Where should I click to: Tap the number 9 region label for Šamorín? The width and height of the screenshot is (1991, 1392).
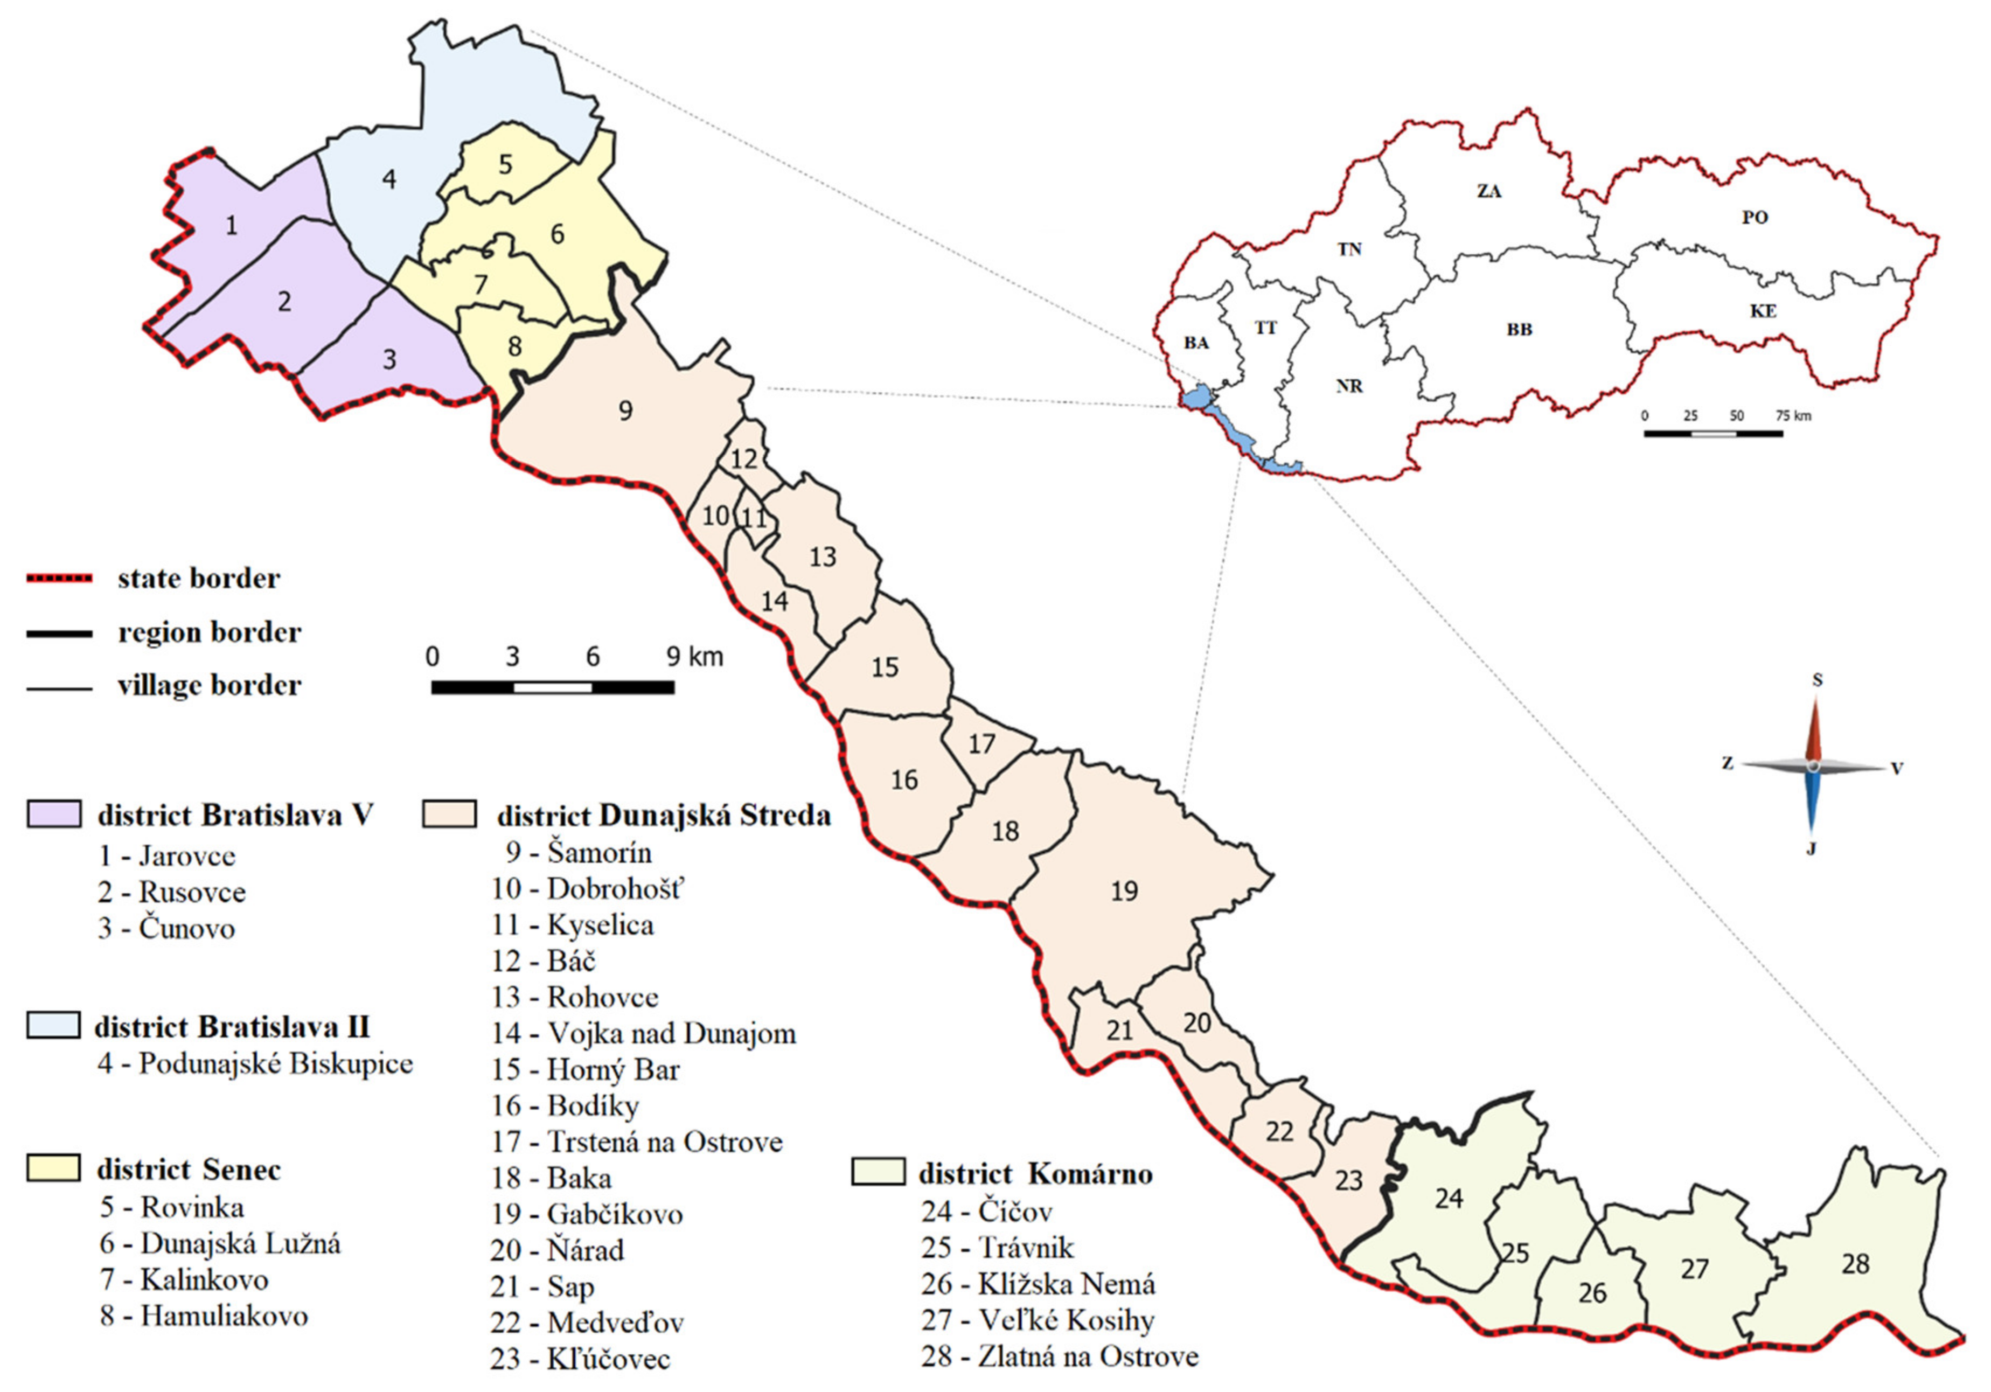click(x=625, y=411)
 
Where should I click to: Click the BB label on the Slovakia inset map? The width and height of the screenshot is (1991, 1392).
click(x=1519, y=330)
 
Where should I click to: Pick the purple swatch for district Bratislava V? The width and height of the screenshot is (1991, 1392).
click(x=54, y=813)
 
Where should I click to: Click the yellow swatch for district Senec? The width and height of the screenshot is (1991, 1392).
click(x=54, y=1167)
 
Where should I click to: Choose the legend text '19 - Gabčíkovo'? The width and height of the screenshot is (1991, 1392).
click(x=587, y=1214)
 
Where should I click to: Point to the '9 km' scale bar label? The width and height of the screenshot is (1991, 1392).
click(x=694, y=657)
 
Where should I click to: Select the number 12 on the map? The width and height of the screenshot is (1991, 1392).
click(x=743, y=459)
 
